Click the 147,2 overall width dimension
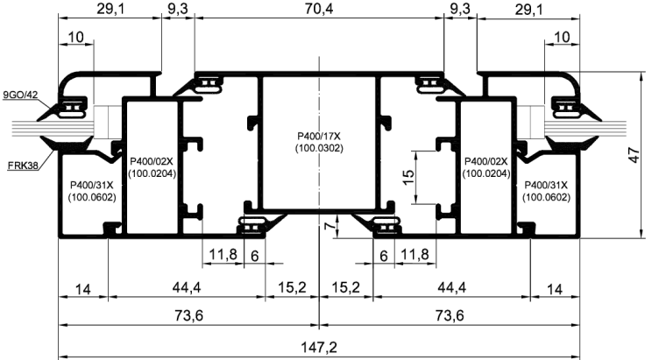(x=319, y=347)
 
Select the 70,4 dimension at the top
(x=319, y=9)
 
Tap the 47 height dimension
(x=634, y=155)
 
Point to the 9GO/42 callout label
(x=20, y=95)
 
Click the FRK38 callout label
(x=23, y=166)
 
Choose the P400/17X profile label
(x=319, y=137)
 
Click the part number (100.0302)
(x=319, y=148)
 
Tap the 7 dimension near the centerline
(x=329, y=226)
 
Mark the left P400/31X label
(x=91, y=185)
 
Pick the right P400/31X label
(x=546, y=185)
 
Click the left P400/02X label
(x=152, y=161)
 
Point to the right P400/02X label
(x=486, y=161)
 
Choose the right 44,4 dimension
(x=452, y=287)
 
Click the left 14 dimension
(x=83, y=289)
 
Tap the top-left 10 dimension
(x=76, y=38)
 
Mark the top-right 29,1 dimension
(x=529, y=10)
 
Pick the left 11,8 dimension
(x=223, y=254)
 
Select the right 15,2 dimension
(x=346, y=287)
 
